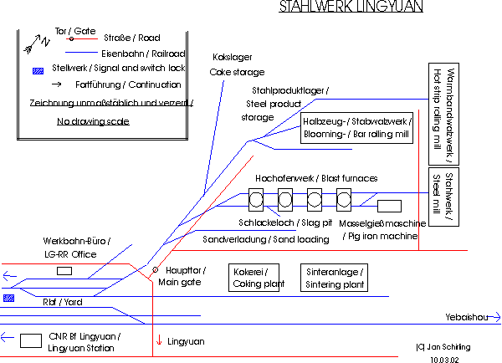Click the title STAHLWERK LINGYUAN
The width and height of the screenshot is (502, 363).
coord(351,8)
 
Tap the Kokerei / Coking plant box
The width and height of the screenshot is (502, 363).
coord(253,278)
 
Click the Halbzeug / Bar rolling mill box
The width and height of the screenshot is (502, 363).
coord(356,127)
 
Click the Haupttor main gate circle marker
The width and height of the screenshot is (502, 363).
coord(155,270)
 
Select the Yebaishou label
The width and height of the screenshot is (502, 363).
coord(468,318)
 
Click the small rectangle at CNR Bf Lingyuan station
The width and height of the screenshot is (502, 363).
coord(32,340)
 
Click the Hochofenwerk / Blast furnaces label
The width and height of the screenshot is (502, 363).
coord(315,178)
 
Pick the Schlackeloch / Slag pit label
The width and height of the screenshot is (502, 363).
coord(285,223)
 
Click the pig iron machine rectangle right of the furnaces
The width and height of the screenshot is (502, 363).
coord(390,205)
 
